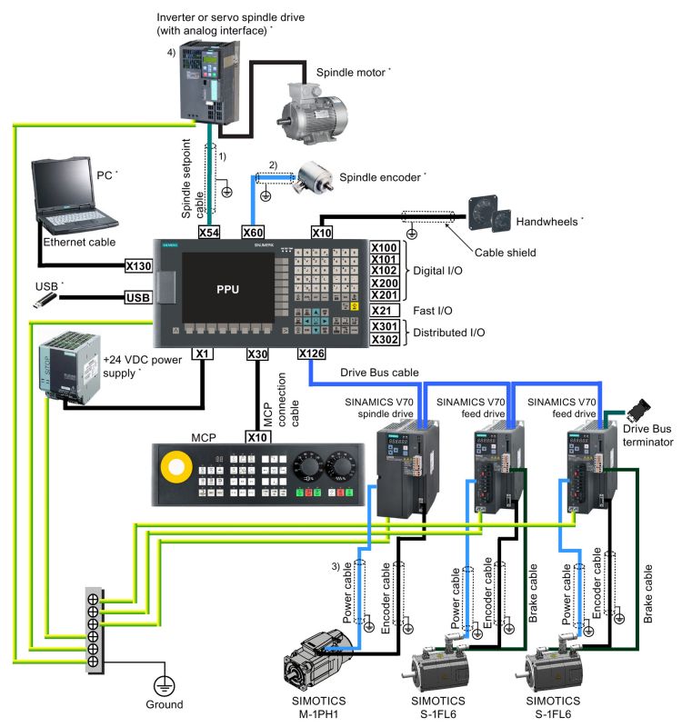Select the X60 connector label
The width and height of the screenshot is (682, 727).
coord(254,233)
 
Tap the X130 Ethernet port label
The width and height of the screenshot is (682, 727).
coord(137,266)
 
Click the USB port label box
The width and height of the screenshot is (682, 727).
coord(137,297)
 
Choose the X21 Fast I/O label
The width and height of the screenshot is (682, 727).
coord(385,311)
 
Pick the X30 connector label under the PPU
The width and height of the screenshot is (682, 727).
coord(258,353)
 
